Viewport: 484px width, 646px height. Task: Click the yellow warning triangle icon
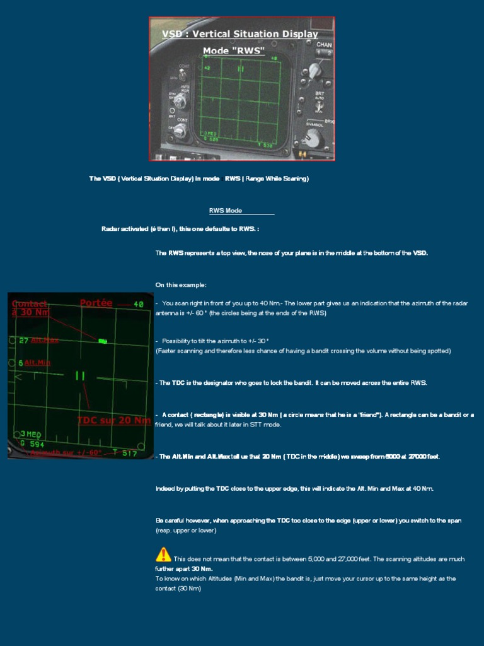pos(163,555)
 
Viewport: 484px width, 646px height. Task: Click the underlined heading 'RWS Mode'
pos(226,211)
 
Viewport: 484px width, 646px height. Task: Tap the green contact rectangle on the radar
pos(103,341)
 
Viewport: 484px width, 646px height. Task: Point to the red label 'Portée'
pos(96,303)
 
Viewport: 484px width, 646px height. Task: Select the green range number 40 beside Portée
pos(139,305)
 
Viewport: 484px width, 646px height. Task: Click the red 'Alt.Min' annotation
pos(38,363)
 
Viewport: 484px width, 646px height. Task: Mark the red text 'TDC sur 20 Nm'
pos(113,420)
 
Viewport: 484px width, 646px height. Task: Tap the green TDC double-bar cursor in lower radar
pos(80,376)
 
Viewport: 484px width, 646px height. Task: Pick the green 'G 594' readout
pos(32,443)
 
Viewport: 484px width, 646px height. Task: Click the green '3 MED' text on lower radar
pos(32,434)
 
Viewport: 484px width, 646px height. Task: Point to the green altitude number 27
pos(23,341)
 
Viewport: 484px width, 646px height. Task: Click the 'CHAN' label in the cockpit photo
pos(324,45)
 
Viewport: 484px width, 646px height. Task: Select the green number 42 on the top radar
pos(208,67)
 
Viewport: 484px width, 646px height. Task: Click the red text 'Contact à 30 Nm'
pos(30,307)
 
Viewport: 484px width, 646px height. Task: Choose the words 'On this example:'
pos(181,285)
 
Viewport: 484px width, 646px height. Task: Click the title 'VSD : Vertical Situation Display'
pos(240,34)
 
